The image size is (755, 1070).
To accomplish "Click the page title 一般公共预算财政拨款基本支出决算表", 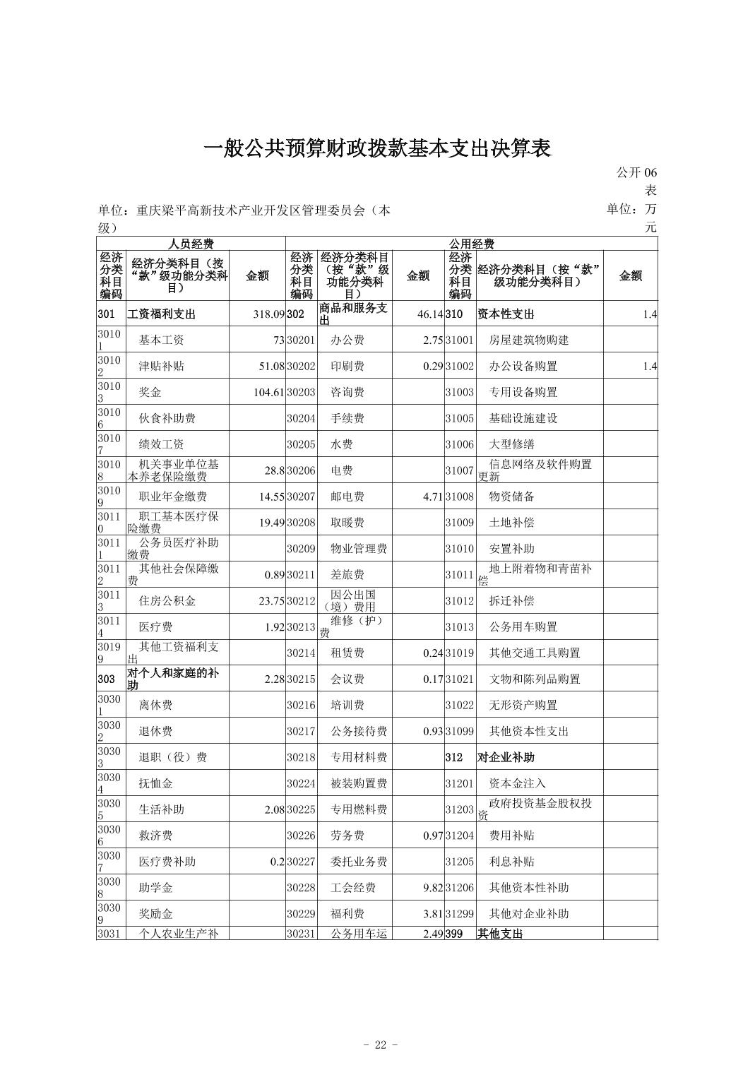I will coord(376,149).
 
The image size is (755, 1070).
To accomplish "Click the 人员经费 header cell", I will coord(191,244).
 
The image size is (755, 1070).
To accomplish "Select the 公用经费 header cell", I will coord(472,244).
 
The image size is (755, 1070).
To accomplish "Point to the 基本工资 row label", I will coord(161,340).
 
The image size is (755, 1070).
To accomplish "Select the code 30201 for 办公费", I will coord(301,340).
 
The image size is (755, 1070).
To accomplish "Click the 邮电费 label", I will coord(347,497).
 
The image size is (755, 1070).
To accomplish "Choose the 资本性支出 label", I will coord(506,314).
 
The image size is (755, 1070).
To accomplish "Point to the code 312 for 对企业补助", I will coord(453,757).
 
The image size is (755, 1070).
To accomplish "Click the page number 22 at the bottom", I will coord(380,1045).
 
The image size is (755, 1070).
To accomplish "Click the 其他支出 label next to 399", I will coord(500,934).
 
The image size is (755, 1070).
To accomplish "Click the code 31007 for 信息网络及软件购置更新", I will coord(459,470).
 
